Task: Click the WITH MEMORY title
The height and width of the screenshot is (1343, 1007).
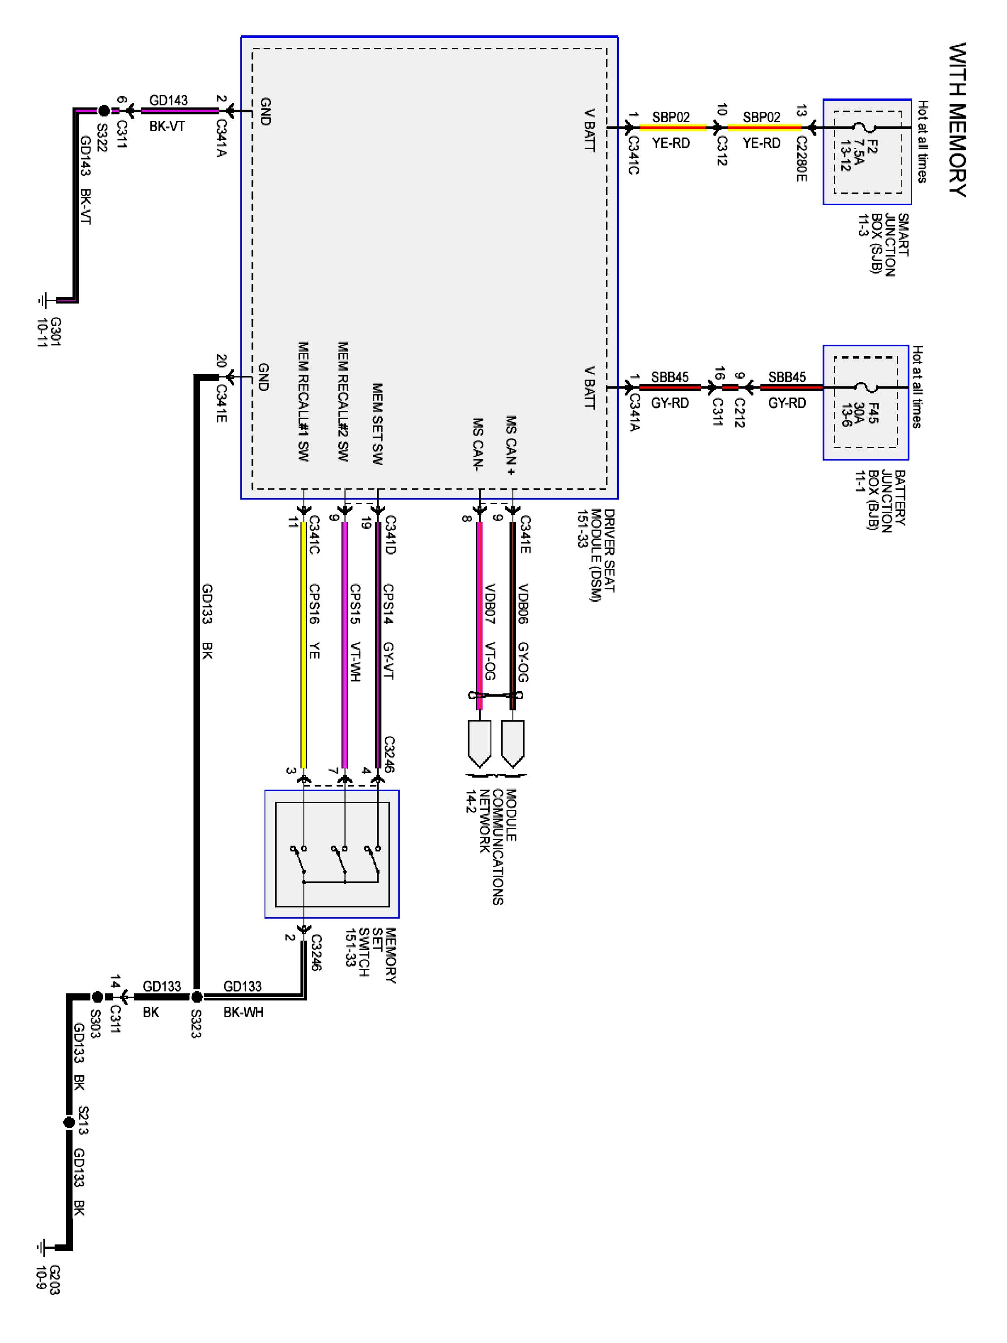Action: point(958,119)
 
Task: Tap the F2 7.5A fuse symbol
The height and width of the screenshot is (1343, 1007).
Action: point(864,128)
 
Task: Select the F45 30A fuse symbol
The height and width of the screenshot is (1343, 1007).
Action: point(864,387)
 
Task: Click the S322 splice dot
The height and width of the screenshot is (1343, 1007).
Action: point(104,111)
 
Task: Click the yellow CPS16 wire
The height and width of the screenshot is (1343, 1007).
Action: point(303,644)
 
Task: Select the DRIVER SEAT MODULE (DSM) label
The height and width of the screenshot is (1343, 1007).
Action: point(597,555)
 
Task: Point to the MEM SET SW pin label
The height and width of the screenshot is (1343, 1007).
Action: point(377,424)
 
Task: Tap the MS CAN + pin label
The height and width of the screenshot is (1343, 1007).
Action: point(512,445)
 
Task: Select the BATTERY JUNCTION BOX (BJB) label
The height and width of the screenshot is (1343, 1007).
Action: point(881,499)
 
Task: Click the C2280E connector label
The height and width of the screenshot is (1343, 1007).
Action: point(801,159)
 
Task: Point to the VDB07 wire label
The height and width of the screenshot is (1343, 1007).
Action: point(489,604)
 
